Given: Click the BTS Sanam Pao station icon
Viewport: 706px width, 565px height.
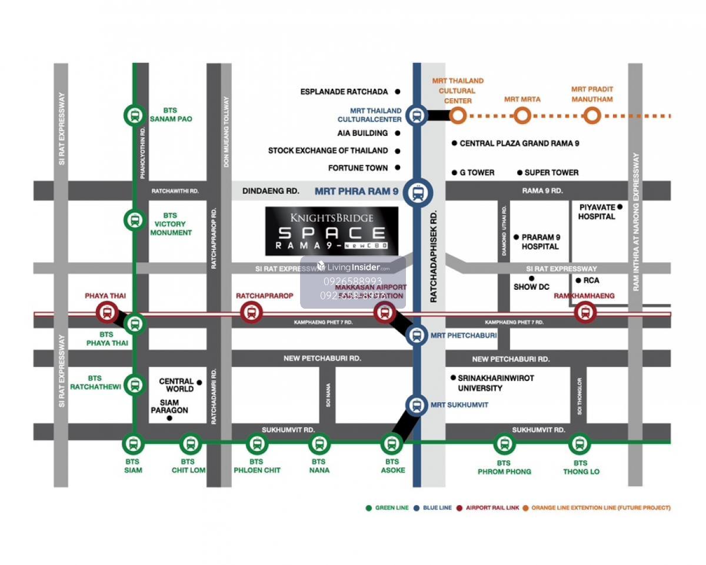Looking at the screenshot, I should click(135, 115).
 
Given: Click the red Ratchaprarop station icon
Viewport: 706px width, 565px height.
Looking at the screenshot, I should click(251, 312).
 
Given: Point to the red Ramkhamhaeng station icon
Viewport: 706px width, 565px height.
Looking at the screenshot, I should click(585, 312).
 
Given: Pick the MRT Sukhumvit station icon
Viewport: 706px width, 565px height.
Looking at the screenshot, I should click(417, 405).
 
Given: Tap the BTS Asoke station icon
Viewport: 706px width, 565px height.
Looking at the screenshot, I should click(392, 444).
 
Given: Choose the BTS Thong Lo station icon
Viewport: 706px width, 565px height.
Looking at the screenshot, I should click(580, 444).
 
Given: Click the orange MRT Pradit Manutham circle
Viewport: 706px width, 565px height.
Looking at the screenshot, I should click(592, 115).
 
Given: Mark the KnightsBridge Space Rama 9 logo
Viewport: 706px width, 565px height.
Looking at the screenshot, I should click(331, 231).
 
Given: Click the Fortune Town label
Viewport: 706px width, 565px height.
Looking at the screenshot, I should click(358, 168).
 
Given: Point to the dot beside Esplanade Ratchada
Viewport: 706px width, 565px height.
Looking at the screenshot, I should click(398, 92).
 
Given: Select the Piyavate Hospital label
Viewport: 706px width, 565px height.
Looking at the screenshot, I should click(597, 212).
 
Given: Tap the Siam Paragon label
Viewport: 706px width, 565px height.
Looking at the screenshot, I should click(169, 406).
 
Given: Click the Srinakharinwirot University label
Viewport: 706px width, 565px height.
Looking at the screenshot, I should click(495, 383).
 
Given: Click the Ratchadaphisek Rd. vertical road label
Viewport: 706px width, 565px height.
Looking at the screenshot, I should click(434, 256).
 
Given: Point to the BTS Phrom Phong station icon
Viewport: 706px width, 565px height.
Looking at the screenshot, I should click(504, 444).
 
